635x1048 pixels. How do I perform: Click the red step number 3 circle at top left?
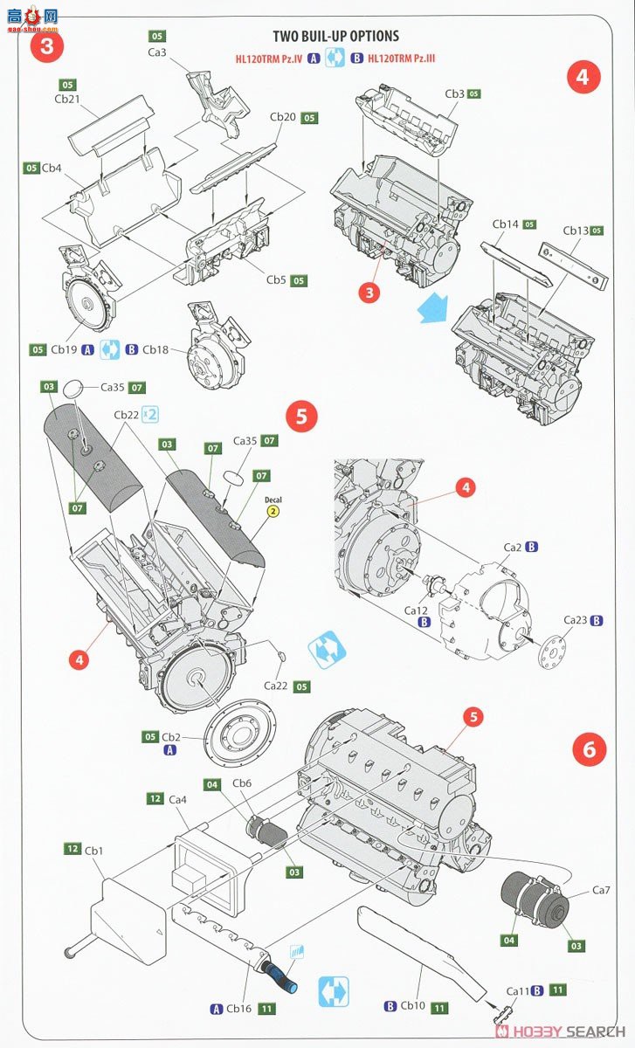pos(46,45)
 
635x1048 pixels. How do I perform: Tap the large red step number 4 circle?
pos(583,77)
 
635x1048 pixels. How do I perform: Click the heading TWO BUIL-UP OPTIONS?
pos(335,36)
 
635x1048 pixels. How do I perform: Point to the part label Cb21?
pos(67,100)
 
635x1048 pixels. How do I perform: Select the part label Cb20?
pos(282,117)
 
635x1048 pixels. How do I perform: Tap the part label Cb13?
pos(576,231)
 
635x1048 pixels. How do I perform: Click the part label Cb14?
pos(506,224)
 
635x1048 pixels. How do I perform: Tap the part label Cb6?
pos(242,784)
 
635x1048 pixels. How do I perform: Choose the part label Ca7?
pos(601,890)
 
